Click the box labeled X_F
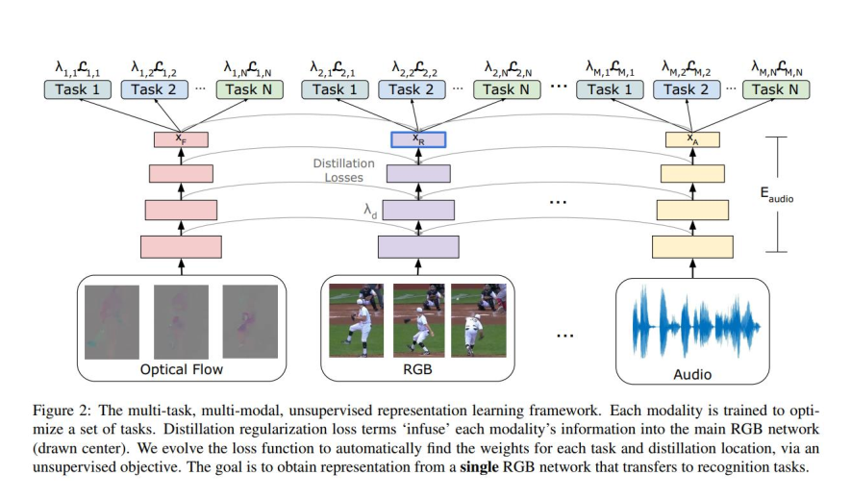pyautogui.click(x=181, y=139)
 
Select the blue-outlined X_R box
pyautogui.click(x=416, y=139)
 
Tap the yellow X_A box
pyautogui.click(x=691, y=139)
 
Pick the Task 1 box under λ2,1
pyautogui.click(x=336, y=89)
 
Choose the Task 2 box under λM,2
pyautogui.click(x=687, y=89)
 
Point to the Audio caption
pyautogui.click(x=692, y=373)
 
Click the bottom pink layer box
pyautogui.click(x=181, y=246)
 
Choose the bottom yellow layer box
pyautogui.click(x=691, y=246)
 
